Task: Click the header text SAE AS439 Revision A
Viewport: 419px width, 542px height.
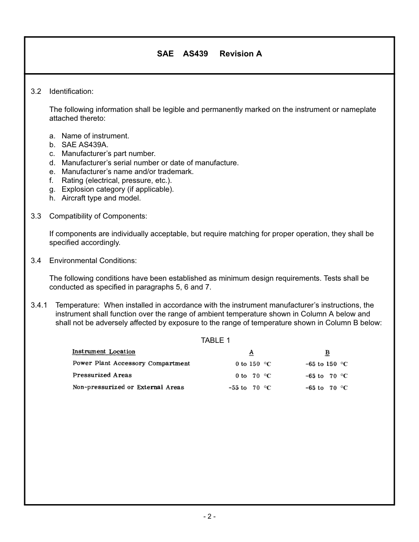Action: (x=209, y=54)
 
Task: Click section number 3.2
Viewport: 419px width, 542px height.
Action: (x=36, y=92)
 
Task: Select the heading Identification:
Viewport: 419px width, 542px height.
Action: (x=71, y=92)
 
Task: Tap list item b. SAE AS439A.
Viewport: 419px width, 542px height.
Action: (x=79, y=145)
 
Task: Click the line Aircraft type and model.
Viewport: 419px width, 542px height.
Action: (x=101, y=198)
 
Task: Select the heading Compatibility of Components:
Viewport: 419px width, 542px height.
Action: (x=98, y=216)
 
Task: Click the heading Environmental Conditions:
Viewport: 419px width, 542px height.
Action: (x=93, y=261)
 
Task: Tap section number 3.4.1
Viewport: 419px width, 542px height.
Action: (x=39, y=305)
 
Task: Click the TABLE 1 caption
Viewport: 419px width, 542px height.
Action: (x=215, y=340)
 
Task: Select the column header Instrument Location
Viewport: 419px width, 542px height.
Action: (x=104, y=352)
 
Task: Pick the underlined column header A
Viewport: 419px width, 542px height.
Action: (x=251, y=353)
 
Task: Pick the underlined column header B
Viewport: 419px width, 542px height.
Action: (x=327, y=353)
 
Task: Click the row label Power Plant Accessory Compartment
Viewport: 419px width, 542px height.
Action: (x=131, y=364)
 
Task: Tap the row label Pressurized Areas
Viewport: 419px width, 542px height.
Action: (x=102, y=375)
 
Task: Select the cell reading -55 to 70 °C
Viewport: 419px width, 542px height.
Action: (x=250, y=388)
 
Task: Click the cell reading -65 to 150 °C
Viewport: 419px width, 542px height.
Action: (x=326, y=364)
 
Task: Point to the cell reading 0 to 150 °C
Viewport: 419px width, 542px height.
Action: (x=253, y=364)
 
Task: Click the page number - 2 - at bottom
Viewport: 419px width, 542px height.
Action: (x=209, y=516)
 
